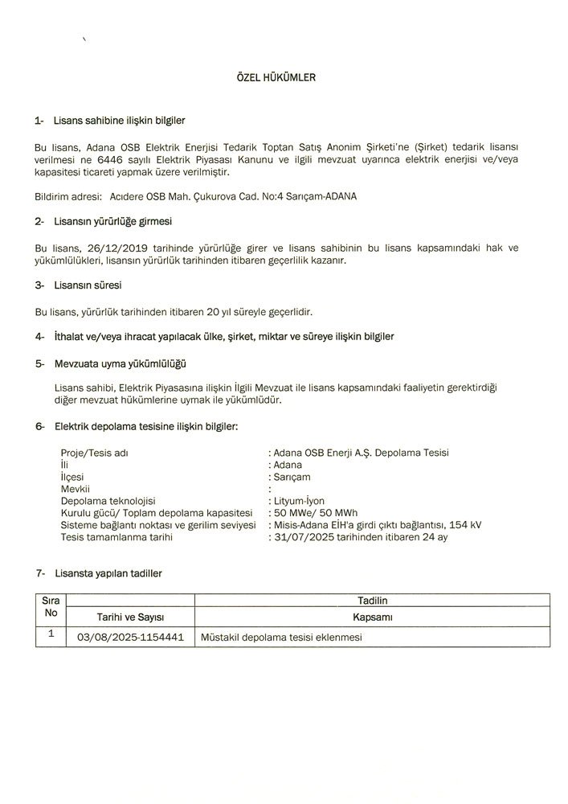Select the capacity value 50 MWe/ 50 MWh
316,512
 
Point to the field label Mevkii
75,488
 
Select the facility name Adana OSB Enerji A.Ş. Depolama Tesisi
361,452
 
